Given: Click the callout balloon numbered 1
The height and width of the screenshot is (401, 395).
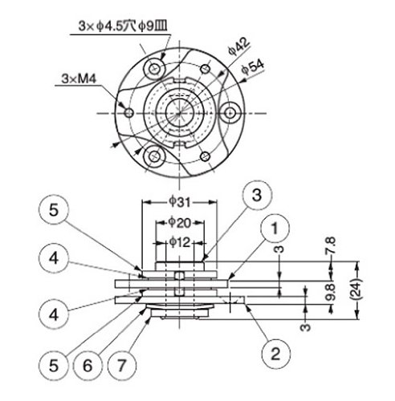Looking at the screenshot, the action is [x=275, y=229].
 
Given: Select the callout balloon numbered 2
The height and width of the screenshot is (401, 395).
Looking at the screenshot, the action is [x=276, y=354].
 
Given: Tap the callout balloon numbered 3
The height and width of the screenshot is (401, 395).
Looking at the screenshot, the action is [x=257, y=195].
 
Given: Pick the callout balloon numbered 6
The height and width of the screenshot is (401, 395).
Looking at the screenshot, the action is [x=88, y=366].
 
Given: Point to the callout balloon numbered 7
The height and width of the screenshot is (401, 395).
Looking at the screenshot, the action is [x=122, y=366].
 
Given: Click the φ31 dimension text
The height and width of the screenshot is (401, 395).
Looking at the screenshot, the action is [x=179, y=202].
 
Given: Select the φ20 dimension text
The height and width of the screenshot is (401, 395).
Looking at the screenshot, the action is [x=180, y=222].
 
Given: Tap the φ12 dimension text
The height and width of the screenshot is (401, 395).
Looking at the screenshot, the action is [x=180, y=242].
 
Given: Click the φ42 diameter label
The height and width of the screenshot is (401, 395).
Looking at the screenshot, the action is [x=238, y=47].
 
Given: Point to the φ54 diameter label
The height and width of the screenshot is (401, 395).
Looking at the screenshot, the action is [x=252, y=67].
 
